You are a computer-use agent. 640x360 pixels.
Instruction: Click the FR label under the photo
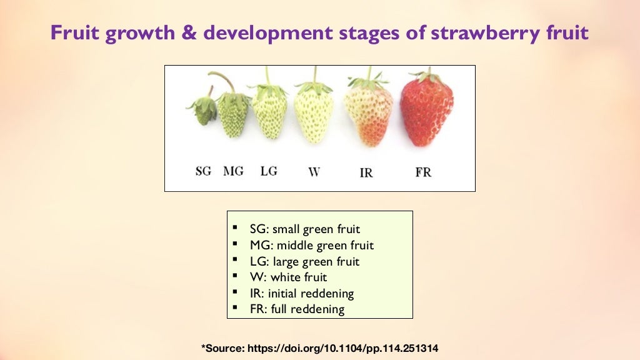pos(423,172)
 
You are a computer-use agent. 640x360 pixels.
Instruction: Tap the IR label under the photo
pos(366,172)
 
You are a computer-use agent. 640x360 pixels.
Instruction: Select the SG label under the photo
pos(204,171)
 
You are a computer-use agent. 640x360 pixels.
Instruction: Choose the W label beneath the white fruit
pos(314,171)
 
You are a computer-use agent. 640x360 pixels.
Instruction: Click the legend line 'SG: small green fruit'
pos(304,229)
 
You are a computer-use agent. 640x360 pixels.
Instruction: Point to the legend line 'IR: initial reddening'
pos(301,293)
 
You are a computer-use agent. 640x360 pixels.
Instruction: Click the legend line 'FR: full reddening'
pos(297,309)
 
